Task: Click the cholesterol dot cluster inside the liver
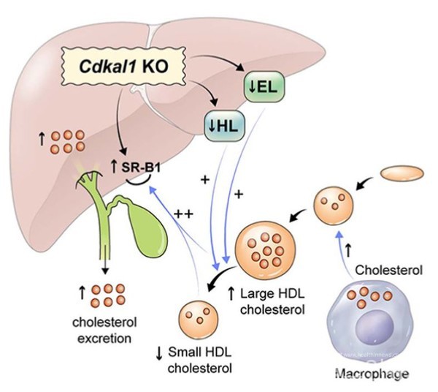[x=71, y=140]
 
